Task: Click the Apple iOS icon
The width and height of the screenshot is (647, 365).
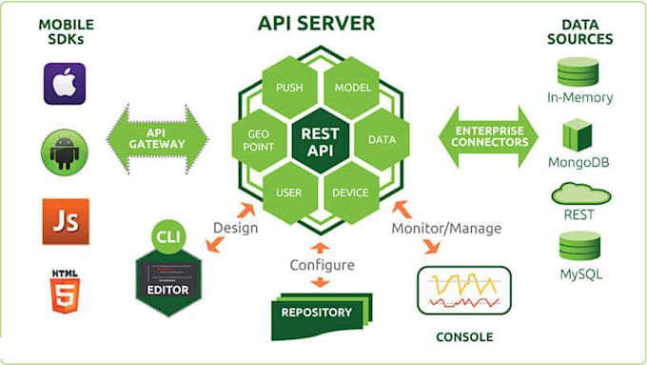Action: click(65, 84)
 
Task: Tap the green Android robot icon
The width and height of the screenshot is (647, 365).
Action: click(65, 151)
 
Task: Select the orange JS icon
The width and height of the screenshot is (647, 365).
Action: click(65, 221)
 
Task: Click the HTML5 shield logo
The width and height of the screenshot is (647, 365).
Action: click(65, 290)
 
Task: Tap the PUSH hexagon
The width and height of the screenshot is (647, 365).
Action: click(289, 88)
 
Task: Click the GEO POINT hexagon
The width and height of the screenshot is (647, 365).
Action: click(260, 140)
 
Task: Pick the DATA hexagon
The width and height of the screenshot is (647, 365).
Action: click(382, 140)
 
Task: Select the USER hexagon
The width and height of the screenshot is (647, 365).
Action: click(289, 193)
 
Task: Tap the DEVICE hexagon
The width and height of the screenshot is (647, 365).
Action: click(351, 193)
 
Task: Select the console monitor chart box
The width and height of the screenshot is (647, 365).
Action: click(463, 290)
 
